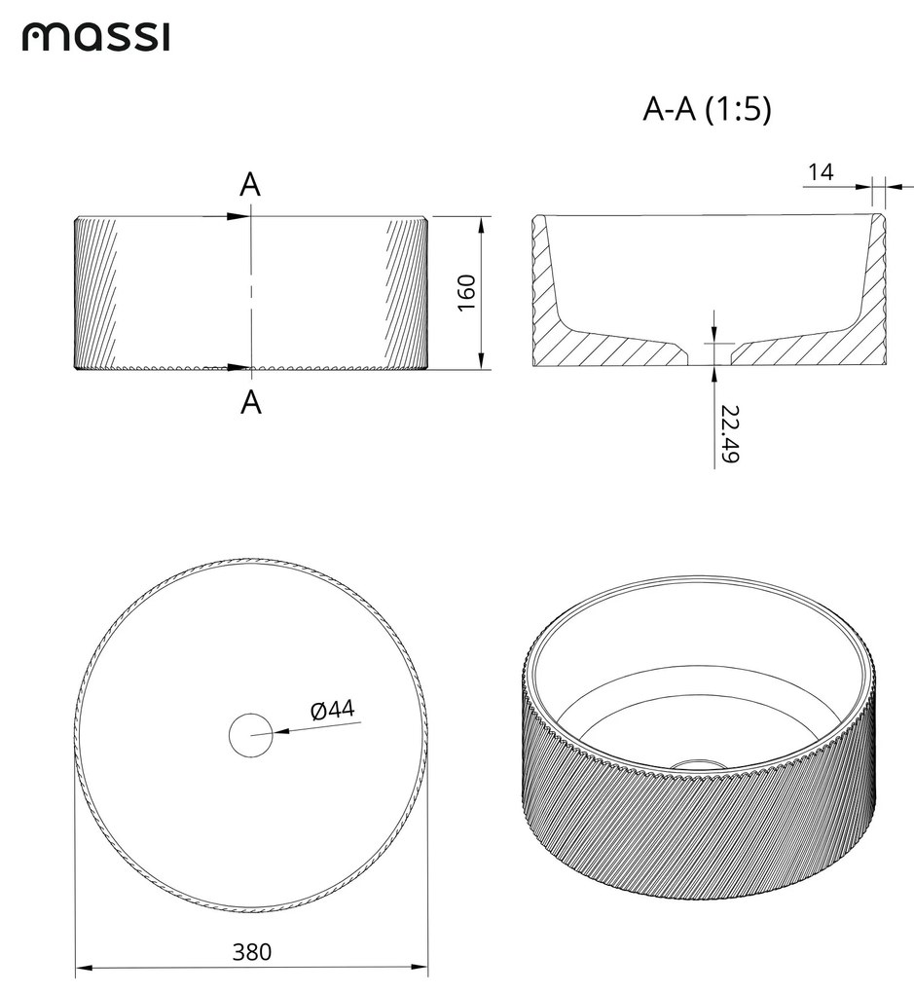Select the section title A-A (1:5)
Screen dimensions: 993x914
point(708,111)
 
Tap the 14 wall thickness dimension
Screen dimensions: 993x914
point(821,172)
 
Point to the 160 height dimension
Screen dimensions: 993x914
point(466,293)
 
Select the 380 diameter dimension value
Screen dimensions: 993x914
point(252,951)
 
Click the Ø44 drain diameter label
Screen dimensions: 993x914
point(332,711)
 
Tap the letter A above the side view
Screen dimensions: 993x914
point(250,185)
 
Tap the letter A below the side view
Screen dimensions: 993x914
point(251,401)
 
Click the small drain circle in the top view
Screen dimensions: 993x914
point(251,734)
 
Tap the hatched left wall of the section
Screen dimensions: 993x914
point(547,292)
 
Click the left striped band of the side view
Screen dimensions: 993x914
point(95,292)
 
